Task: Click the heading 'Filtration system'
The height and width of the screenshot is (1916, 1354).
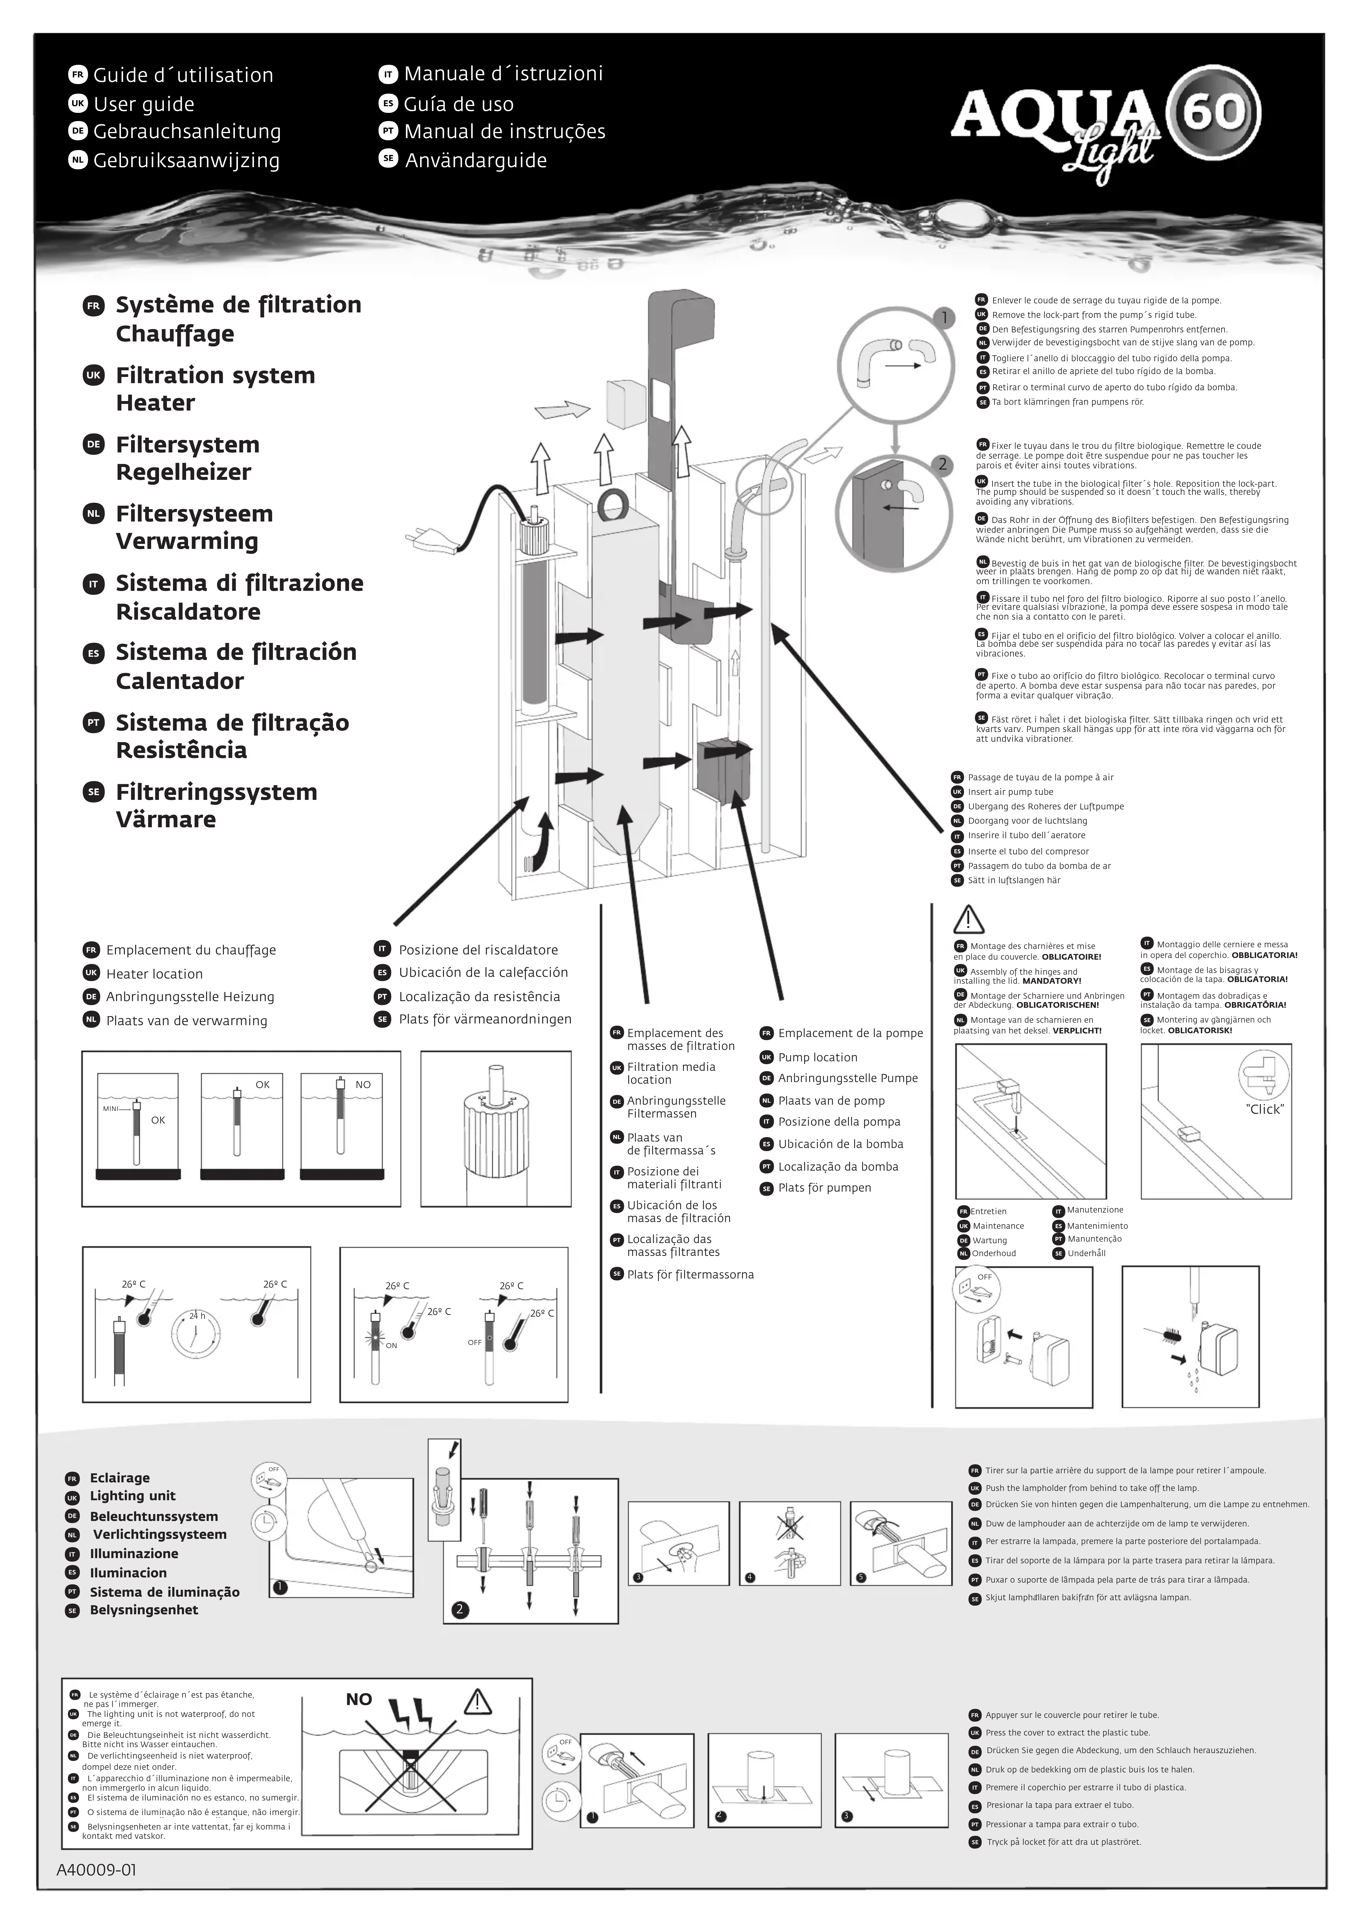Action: tap(215, 376)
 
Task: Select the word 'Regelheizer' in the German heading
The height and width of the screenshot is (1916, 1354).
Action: tap(184, 472)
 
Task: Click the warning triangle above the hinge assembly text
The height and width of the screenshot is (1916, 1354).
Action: tap(968, 920)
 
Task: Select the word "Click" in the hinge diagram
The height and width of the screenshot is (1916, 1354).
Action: tap(1265, 1109)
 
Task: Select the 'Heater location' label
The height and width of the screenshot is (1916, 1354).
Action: tap(154, 974)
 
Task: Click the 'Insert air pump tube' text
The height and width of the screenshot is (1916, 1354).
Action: tap(1010, 792)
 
